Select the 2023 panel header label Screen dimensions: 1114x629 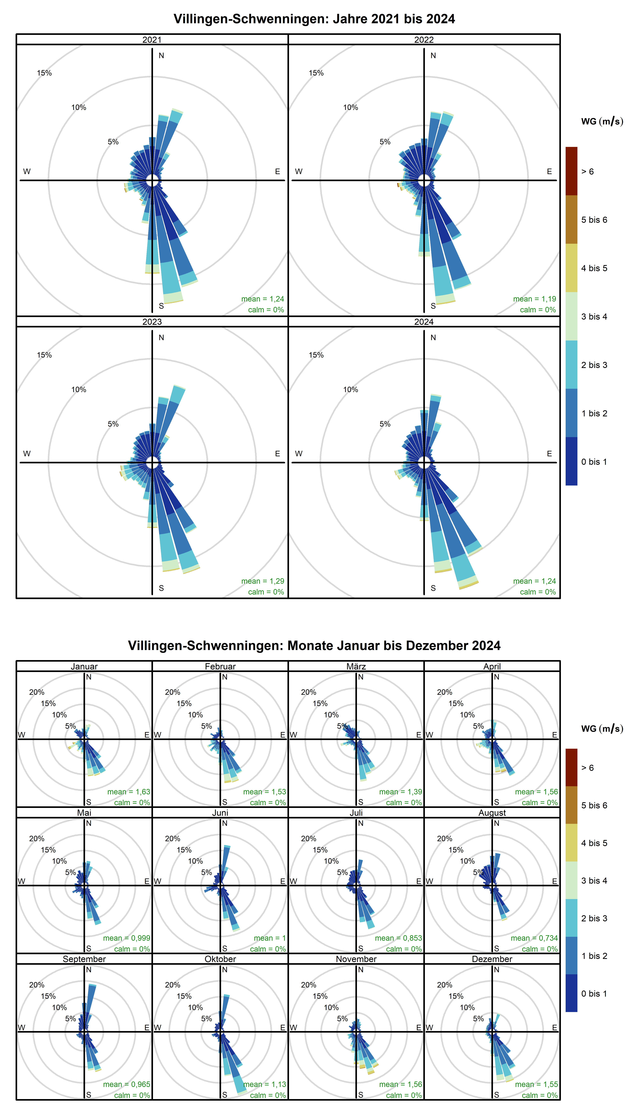[152, 322]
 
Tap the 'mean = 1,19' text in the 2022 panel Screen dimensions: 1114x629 [534, 299]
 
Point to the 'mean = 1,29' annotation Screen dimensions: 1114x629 [262, 581]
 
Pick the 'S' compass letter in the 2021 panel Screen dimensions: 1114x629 [161, 306]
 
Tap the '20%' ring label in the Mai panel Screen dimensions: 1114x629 [37, 839]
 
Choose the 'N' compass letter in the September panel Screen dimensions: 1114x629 [89, 970]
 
